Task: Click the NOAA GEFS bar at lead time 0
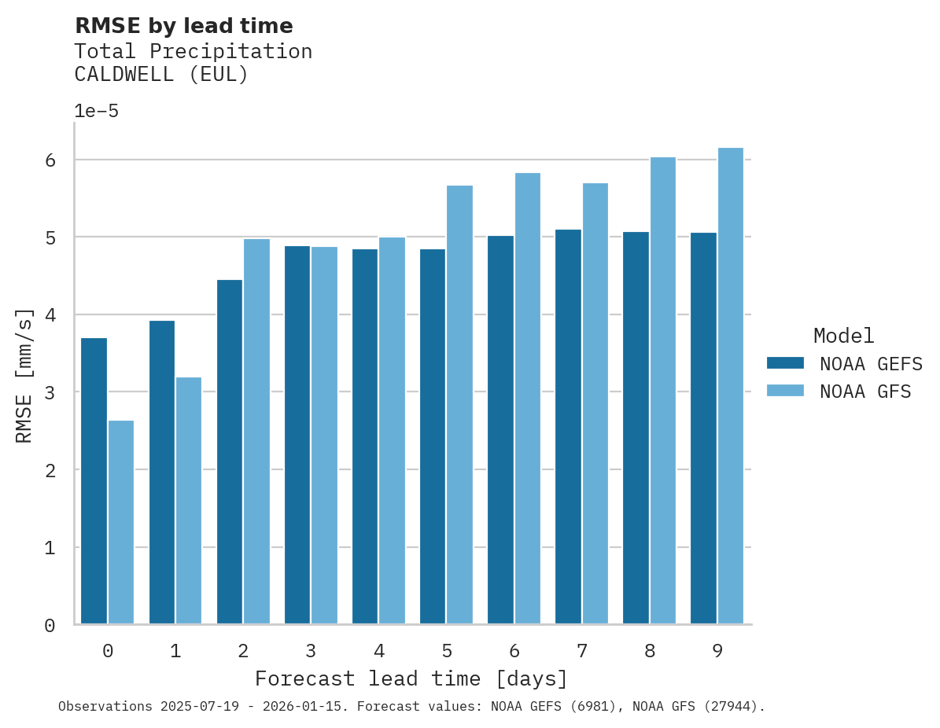click(x=94, y=481)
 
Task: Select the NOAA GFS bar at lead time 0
click(x=121, y=522)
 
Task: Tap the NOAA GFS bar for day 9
click(x=731, y=386)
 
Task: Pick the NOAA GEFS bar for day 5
click(x=433, y=436)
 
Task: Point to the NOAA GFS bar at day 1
click(x=189, y=501)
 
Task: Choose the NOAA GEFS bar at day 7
click(x=568, y=427)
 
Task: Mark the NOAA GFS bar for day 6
click(x=528, y=399)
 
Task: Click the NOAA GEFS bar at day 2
click(x=230, y=452)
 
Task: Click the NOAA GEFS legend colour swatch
click(x=785, y=363)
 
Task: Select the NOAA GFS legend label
click(x=865, y=392)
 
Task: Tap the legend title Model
click(x=844, y=336)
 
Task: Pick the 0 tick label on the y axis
click(x=50, y=626)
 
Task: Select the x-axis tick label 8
click(x=650, y=651)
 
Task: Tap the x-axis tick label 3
click(x=311, y=651)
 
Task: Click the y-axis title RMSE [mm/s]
click(x=25, y=376)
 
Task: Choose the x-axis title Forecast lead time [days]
click(x=411, y=678)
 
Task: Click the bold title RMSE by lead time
click(x=184, y=26)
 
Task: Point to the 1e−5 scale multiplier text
click(x=97, y=112)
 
